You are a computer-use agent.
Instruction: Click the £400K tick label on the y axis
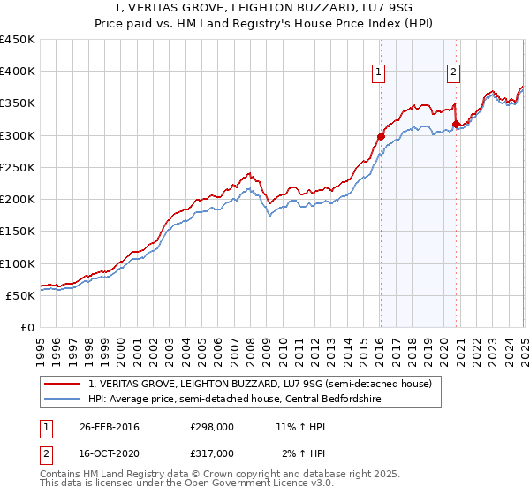pos(18,72)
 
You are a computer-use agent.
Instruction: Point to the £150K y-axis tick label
pos(18,232)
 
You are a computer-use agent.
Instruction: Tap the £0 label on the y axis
pos(26,328)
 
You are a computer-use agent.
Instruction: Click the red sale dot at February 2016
pos(381,136)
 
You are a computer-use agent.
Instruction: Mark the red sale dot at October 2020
pos(456,124)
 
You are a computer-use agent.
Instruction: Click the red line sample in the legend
pos(62,384)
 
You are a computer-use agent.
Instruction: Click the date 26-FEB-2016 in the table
pos(109,427)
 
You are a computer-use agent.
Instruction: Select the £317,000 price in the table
pos(211,453)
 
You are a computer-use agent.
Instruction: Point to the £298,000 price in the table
pos(211,427)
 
